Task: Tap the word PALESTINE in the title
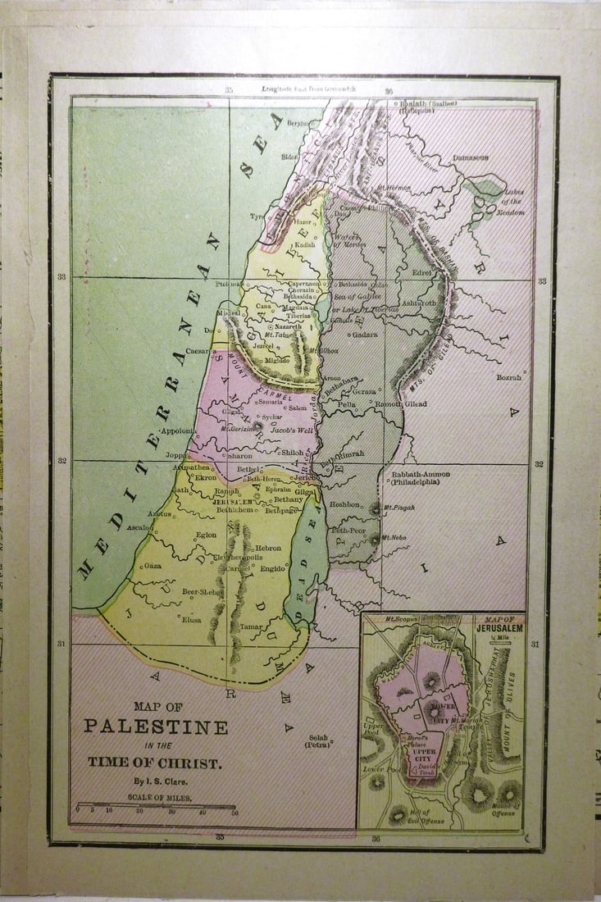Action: click(x=156, y=727)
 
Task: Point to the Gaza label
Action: click(x=153, y=565)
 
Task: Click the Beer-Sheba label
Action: click(x=202, y=590)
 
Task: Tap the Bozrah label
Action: click(x=508, y=377)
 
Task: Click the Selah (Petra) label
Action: click(x=317, y=741)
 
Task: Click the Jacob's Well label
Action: click(x=293, y=427)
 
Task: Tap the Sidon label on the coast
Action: click(x=289, y=155)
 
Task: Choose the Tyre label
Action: click(x=258, y=216)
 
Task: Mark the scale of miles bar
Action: click(x=156, y=807)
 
